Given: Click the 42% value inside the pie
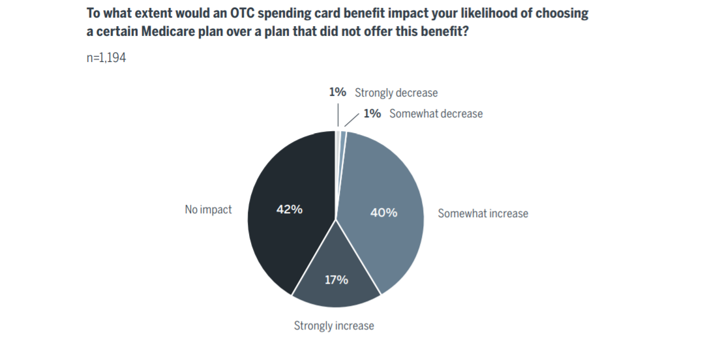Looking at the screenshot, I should click(x=289, y=210).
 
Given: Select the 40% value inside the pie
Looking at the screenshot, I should click(x=383, y=213).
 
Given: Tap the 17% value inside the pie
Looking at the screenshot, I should click(x=337, y=280).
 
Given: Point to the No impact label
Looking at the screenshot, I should click(x=208, y=210).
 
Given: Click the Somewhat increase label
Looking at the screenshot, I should click(x=483, y=213).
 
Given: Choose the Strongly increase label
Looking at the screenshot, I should click(x=334, y=325).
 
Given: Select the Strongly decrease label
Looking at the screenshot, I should click(x=396, y=93).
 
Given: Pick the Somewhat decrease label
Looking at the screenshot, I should click(x=436, y=113).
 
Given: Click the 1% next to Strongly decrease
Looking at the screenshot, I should click(x=337, y=93).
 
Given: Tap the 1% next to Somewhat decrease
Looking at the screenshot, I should click(x=372, y=113).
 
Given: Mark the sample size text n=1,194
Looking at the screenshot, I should click(x=106, y=58).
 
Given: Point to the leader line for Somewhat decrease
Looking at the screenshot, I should click(x=352, y=119).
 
